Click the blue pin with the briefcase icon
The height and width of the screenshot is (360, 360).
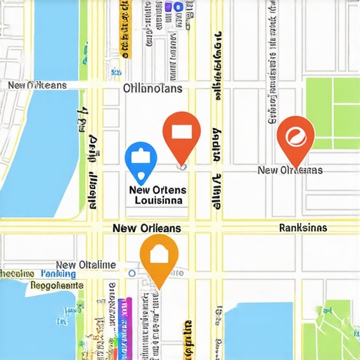[141, 160]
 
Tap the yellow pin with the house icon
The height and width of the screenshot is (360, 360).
[160, 257]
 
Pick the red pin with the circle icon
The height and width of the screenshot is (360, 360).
[295, 137]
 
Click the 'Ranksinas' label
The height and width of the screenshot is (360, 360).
[302, 228]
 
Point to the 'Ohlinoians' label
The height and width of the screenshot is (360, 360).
[153, 89]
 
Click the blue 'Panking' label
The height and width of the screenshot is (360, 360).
[58, 274]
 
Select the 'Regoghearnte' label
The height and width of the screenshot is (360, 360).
[47, 285]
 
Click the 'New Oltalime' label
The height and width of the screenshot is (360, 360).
[86, 264]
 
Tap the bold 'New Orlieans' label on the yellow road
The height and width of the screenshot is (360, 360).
[146, 229]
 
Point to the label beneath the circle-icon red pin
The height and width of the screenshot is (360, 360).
[290, 170]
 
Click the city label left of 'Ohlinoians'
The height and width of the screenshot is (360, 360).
[37, 85]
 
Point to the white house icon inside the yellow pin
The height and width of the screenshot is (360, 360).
[160, 253]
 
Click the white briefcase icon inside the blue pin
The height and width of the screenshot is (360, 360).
[141, 157]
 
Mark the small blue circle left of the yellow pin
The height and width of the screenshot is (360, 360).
[131, 273]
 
